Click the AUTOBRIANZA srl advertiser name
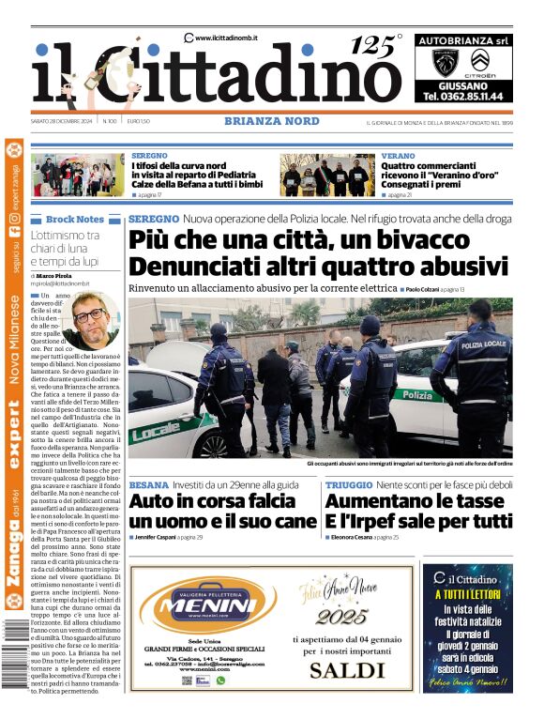[x=462, y=40]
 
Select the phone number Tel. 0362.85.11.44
[x=462, y=96]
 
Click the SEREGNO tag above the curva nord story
[x=150, y=156]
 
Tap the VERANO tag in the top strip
[x=398, y=156]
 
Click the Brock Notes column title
[x=75, y=219]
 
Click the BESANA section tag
[x=149, y=485]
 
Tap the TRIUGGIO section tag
[x=349, y=485]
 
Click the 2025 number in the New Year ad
[x=341, y=617]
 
